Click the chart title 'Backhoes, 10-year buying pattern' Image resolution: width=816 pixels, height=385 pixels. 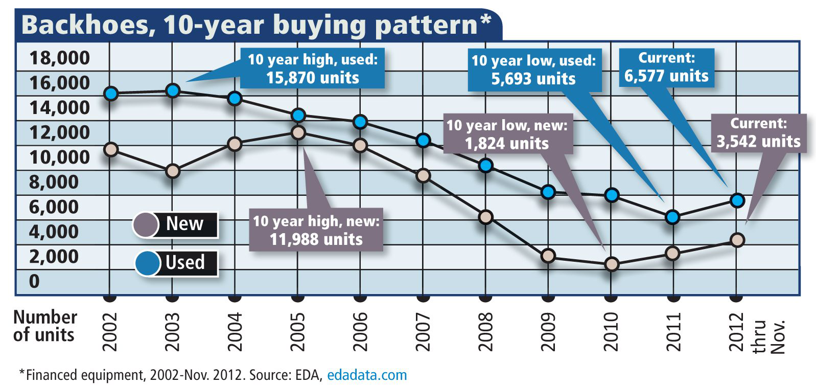pyautogui.click(x=255, y=25)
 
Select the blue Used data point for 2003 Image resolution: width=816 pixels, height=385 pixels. pyautogui.click(x=173, y=91)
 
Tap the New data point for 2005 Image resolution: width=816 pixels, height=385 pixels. pyautogui.click(x=298, y=132)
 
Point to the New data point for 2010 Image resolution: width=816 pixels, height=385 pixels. pyautogui.click(x=611, y=264)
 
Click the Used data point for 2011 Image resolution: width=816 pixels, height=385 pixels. pyautogui.click(x=673, y=217)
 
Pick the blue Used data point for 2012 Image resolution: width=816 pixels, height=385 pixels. pyautogui.click(x=736, y=200)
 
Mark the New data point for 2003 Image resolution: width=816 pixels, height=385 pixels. pyautogui.click(x=173, y=171)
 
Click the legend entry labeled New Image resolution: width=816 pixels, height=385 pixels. pyautogui.click(x=175, y=224)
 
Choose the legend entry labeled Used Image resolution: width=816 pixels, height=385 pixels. pyautogui.click(x=176, y=263)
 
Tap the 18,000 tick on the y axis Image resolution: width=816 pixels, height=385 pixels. pyautogui.click(x=59, y=58)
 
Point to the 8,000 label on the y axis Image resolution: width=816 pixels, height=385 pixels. pyautogui.click(x=54, y=182)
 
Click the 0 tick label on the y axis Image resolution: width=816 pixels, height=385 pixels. pyautogui.click(x=34, y=281)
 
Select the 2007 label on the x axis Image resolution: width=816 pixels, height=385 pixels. pyautogui.click(x=423, y=332)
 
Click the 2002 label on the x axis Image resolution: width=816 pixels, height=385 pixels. pyautogui.click(x=110, y=332)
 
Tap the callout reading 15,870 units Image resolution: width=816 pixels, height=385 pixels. pyautogui.click(x=312, y=69)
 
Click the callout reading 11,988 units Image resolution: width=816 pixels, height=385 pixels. pyautogui.click(x=316, y=230)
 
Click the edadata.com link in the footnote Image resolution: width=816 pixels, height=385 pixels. pyautogui.click(x=367, y=375)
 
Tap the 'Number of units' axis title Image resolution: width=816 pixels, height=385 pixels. pyautogui.click(x=44, y=326)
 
